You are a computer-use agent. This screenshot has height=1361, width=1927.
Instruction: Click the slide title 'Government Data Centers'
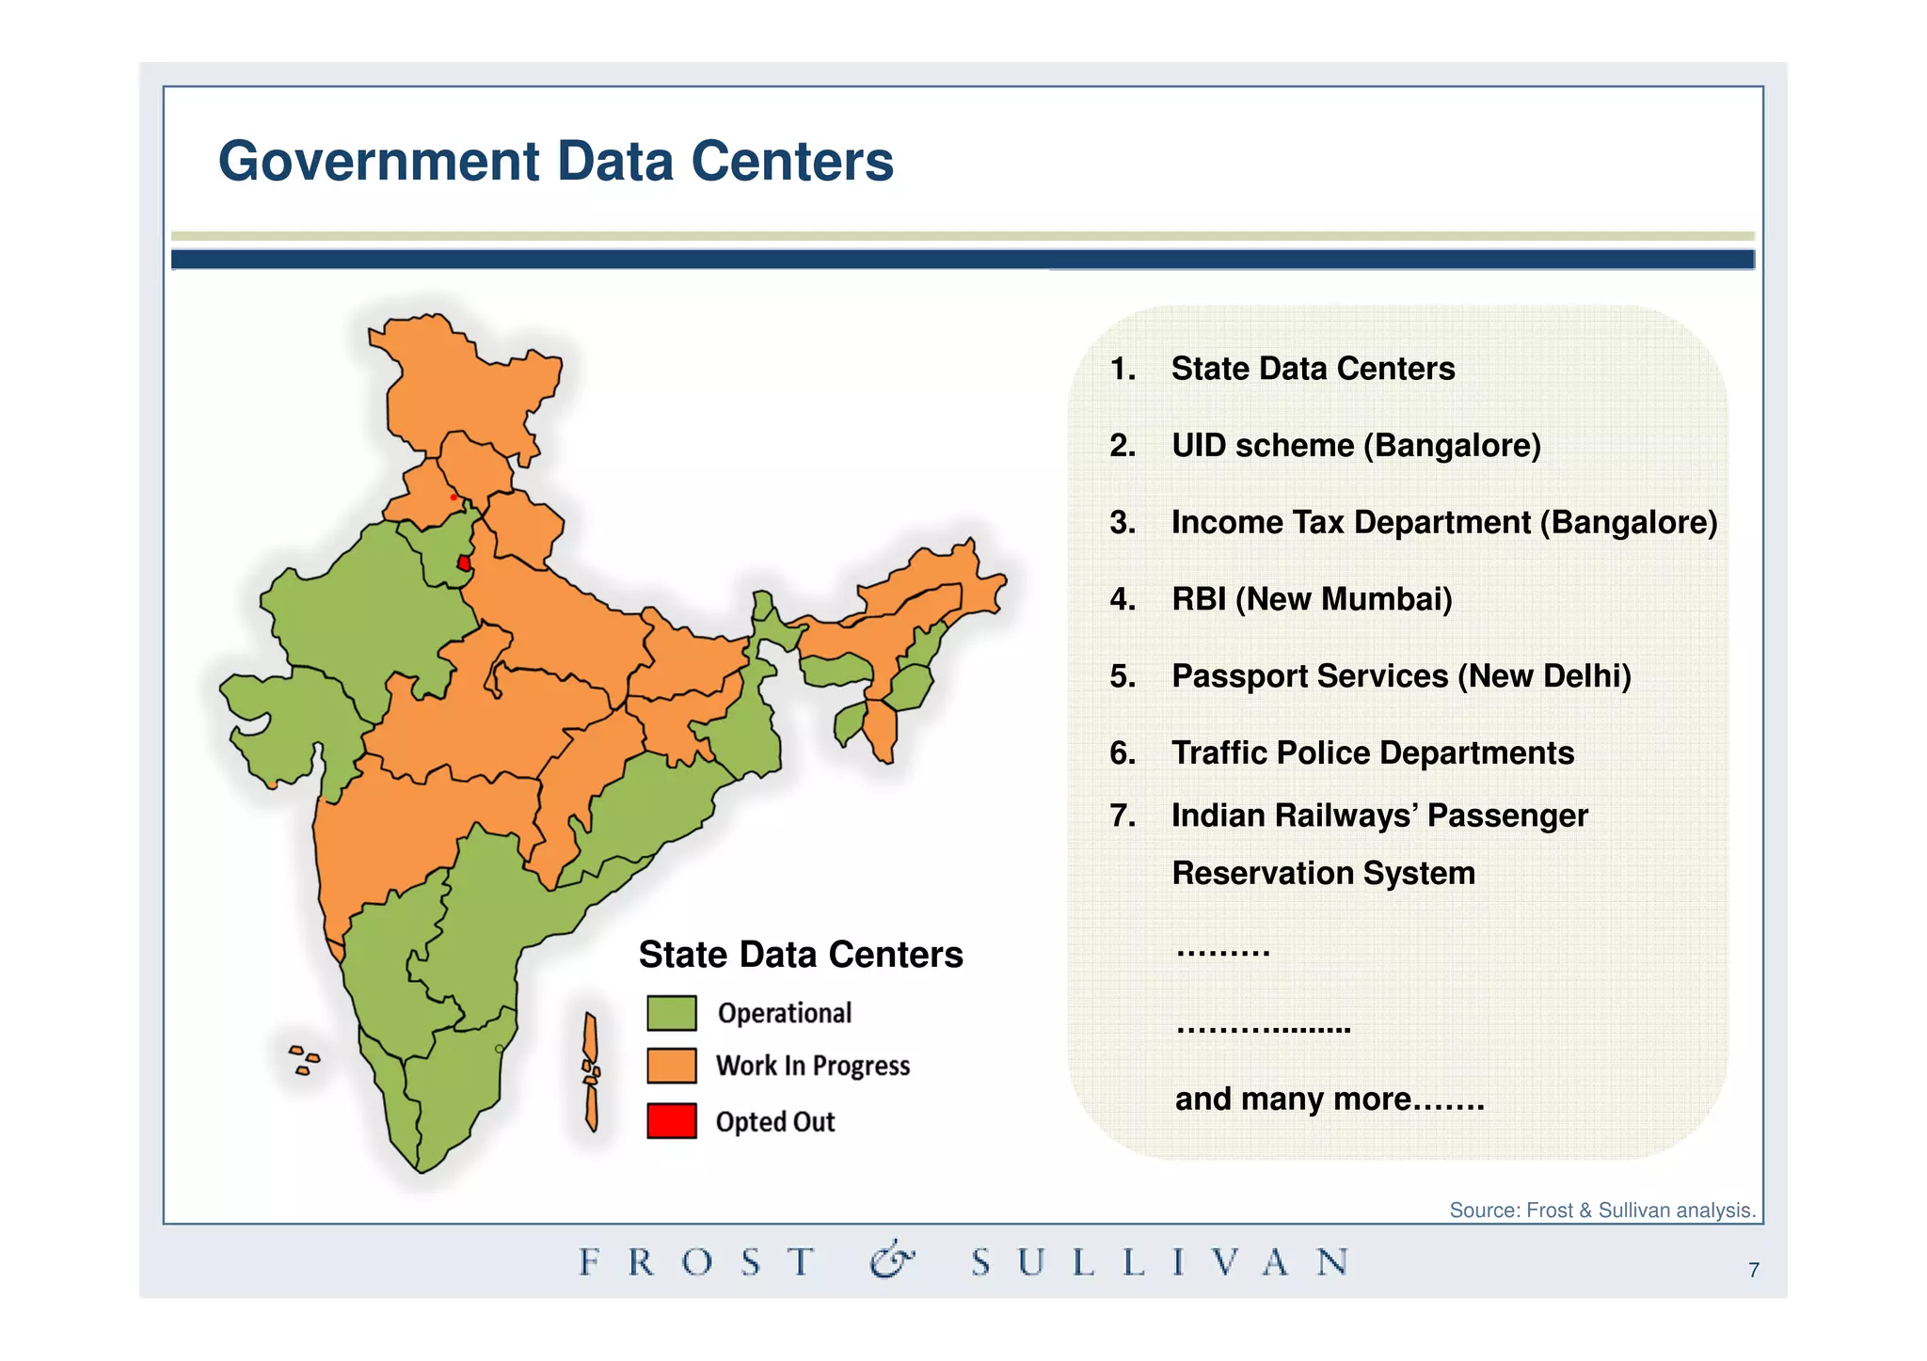(555, 161)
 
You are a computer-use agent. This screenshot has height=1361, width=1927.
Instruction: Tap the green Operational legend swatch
(672, 1013)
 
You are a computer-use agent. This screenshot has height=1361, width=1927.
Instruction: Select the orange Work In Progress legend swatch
(672, 1066)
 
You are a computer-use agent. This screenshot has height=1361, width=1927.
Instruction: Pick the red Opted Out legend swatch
(672, 1120)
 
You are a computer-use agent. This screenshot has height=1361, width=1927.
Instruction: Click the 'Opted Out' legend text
(774, 1122)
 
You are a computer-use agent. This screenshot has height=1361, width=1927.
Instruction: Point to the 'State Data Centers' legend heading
(801, 955)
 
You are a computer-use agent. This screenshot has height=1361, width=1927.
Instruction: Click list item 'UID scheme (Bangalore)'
(1356, 445)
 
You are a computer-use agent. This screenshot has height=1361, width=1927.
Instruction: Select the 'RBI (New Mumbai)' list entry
(1312, 599)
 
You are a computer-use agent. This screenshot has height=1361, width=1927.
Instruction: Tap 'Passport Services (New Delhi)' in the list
(1401, 676)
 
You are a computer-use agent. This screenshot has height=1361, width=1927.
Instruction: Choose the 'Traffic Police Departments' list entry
(1372, 752)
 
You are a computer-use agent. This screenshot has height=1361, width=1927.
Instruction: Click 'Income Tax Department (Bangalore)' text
(1444, 522)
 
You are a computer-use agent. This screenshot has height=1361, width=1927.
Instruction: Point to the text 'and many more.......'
(1330, 1099)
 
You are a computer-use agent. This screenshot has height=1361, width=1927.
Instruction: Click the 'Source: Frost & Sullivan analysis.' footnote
(1602, 1211)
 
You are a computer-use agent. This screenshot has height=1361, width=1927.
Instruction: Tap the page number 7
(1754, 1271)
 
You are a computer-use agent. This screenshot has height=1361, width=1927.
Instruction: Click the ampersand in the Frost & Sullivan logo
(892, 1260)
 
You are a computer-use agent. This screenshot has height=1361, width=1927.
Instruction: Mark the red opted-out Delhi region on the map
(464, 563)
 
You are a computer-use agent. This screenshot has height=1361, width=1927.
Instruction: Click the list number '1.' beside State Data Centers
(1123, 369)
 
